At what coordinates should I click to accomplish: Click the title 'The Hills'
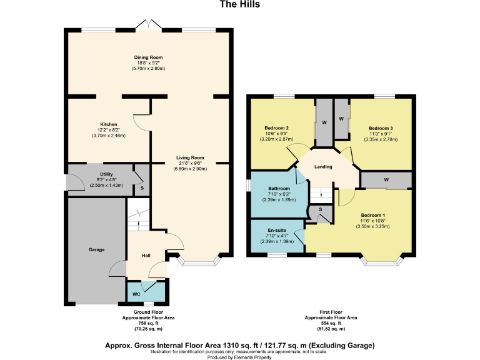click(240, 4)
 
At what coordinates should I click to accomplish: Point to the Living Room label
click(190, 157)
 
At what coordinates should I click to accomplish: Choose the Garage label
click(96, 249)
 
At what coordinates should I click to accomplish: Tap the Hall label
click(146, 255)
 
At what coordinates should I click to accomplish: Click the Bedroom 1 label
click(372, 215)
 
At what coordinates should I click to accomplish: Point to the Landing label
click(322, 166)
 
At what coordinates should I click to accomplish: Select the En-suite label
click(276, 229)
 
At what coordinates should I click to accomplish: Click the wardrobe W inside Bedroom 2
click(324, 122)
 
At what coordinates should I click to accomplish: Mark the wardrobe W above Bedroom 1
click(386, 180)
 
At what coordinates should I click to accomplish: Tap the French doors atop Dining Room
click(147, 26)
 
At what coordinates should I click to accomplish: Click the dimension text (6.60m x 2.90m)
click(190, 169)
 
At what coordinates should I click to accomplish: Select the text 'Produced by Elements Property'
click(240, 357)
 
